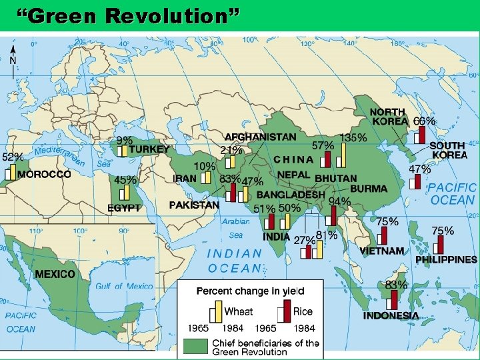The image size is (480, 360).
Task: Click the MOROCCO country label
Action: click(x=44, y=174)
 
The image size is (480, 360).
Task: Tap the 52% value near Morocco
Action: click(x=13, y=157)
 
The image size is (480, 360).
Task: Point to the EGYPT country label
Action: click(x=124, y=208)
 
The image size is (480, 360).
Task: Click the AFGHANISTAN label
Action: click(x=260, y=137)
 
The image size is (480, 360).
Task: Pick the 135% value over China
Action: click(x=353, y=138)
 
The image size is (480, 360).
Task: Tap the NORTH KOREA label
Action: click(x=389, y=117)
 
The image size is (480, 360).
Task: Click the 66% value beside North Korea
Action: click(x=425, y=121)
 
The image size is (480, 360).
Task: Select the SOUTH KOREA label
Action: click(x=448, y=150)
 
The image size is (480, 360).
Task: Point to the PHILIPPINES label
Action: click(x=446, y=259)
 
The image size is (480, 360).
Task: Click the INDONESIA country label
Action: click(x=391, y=315)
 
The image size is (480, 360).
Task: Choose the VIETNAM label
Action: click(x=382, y=251)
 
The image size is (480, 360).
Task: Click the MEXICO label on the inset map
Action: click(x=55, y=274)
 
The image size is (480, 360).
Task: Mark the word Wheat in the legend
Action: click(x=239, y=311)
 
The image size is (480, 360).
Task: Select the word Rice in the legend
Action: click(x=303, y=311)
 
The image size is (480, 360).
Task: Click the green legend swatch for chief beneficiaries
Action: click(x=196, y=346)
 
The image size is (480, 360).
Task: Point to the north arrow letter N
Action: click(x=13, y=59)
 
